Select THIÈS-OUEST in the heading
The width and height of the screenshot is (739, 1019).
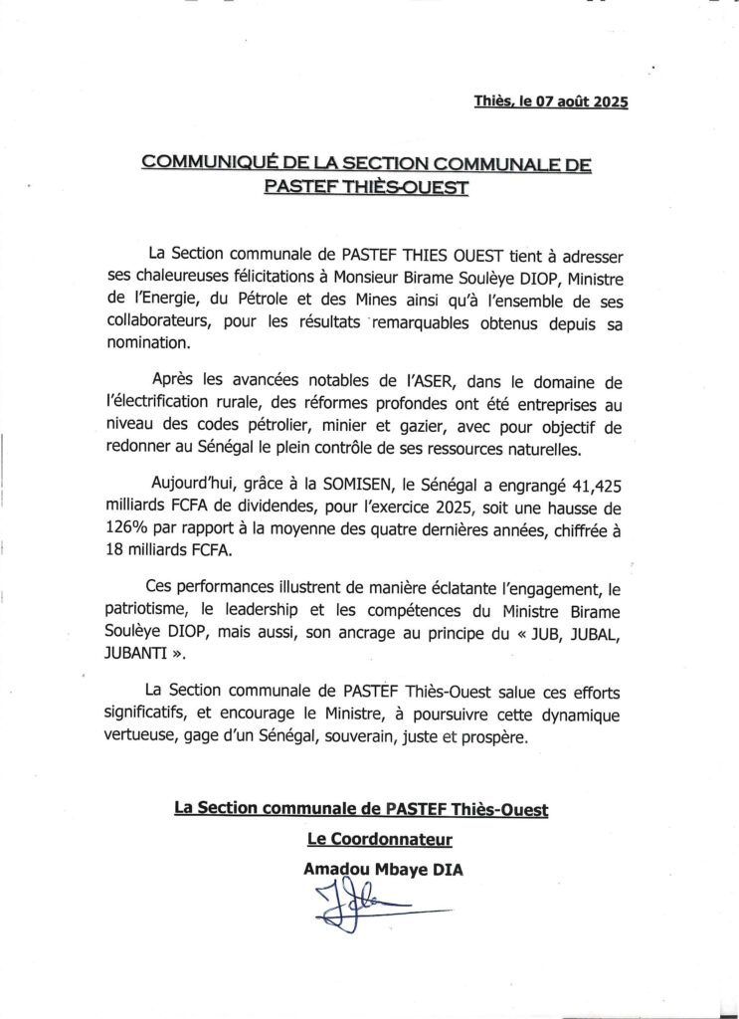[x=408, y=186]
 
